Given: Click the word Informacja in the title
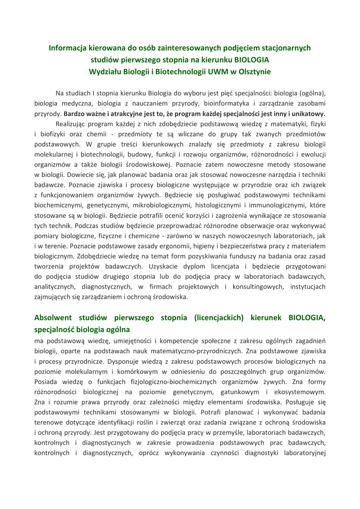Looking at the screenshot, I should point(67,48).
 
